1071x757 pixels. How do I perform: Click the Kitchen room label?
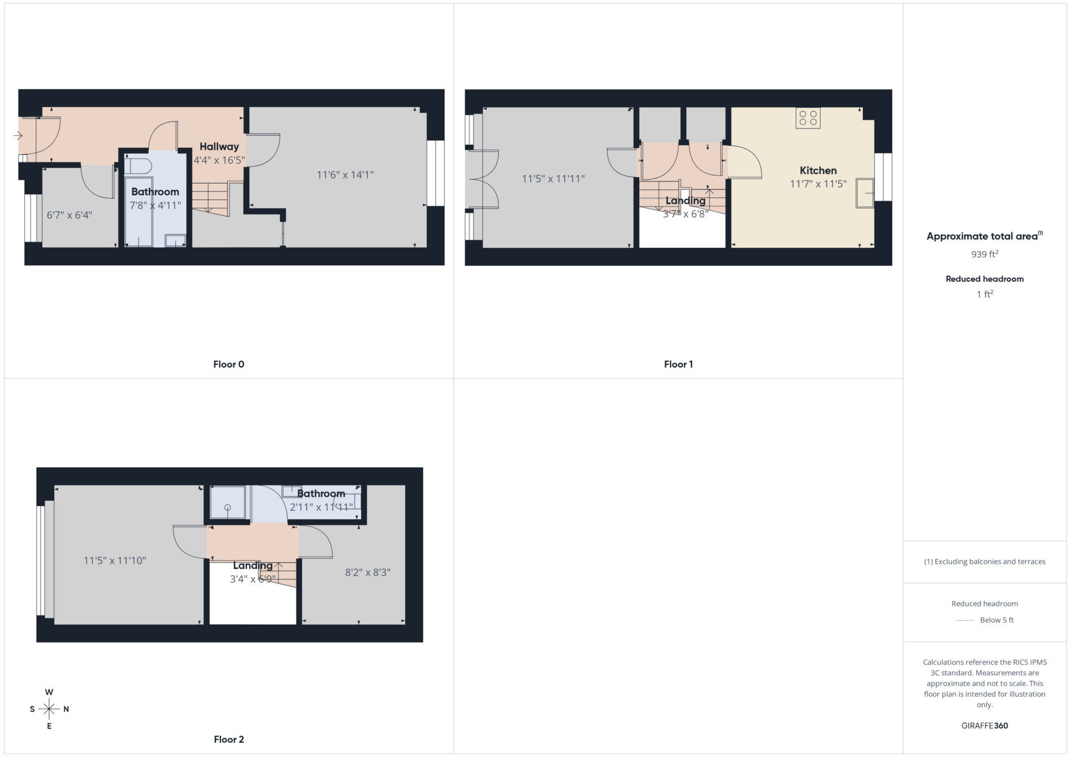(818, 170)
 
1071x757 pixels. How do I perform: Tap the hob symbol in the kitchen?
(808, 118)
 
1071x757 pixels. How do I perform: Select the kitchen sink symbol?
(865, 193)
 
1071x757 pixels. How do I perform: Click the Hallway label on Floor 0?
(219, 146)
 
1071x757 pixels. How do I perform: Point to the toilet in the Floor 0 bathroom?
(138, 166)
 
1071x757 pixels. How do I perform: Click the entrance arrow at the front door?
(18, 135)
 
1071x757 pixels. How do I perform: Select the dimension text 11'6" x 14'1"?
(345, 175)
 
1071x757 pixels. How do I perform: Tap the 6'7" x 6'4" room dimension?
(69, 215)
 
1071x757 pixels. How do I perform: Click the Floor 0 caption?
(229, 364)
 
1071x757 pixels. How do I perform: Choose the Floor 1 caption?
(678, 364)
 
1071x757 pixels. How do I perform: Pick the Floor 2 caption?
(229, 740)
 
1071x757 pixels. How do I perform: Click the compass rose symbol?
(49, 709)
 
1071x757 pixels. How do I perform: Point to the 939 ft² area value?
(985, 254)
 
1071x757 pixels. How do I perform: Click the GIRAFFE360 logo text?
(985, 725)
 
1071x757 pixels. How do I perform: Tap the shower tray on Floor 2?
(228, 502)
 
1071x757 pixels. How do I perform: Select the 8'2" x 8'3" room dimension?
(368, 572)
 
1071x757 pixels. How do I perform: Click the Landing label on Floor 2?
(253, 565)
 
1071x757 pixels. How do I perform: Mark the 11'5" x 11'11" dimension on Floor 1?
(553, 179)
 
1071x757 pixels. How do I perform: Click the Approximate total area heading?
(985, 236)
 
